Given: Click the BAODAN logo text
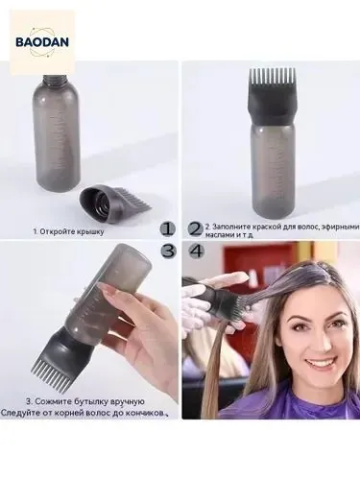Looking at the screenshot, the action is point(42,42).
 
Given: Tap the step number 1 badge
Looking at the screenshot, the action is point(168,229).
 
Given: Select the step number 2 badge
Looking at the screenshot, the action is point(196,229).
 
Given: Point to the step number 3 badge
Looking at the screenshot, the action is point(168,251).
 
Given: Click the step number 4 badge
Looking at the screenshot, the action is point(197,251).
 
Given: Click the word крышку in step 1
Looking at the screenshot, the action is point(90,231).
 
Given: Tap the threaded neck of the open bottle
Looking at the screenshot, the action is point(55,79).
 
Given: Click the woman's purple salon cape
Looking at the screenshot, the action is point(287,399).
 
